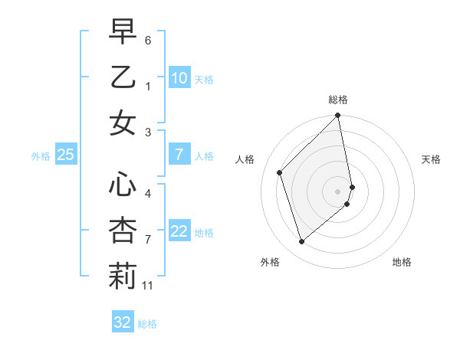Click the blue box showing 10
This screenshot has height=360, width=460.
(x=179, y=77)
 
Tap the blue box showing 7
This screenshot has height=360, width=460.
(x=179, y=155)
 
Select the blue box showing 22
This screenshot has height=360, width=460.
(x=179, y=231)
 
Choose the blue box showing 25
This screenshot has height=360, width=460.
(x=65, y=155)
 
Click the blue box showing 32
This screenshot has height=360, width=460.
(x=123, y=322)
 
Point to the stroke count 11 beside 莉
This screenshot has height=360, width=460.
(x=148, y=286)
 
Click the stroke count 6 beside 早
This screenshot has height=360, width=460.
(x=148, y=39)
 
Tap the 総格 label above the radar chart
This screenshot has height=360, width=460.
(x=338, y=100)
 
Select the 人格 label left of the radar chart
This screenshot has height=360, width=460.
(x=245, y=159)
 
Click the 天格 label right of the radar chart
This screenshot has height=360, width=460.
(x=432, y=159)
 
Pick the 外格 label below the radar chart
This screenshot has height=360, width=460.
(x=270, y=262)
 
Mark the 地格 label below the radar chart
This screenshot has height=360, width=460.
(x=402, y=262)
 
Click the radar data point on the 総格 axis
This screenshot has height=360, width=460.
(x=338, y=116)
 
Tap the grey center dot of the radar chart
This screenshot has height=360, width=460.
(x=338, y=191)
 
